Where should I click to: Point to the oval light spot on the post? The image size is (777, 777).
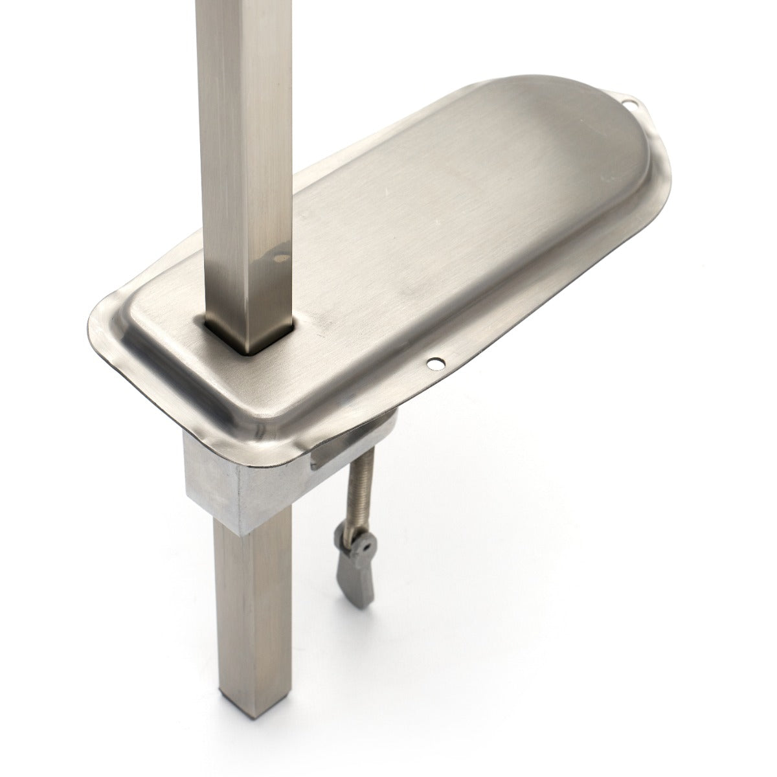point(282,258)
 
